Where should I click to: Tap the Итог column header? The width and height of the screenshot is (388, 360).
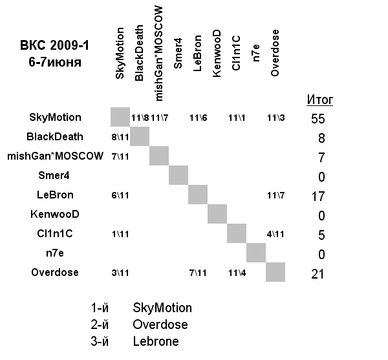pyautogui.click(x=319, y=100)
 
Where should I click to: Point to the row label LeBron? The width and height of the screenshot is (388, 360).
pyautogui.click(x=55, y=195)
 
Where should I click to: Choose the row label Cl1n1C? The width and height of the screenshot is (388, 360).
pyautogui.click(x=55, y=233)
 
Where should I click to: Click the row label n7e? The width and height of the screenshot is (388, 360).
pyautogui.click(x=55, y=253)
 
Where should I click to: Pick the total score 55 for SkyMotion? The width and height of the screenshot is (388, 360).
pyautogui.click(x=318, y=119)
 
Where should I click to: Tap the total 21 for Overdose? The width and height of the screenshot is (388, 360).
pyautogui.click(x=318, y=274)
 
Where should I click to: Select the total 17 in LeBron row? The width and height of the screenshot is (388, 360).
pyautogui.click(x=318, y=196)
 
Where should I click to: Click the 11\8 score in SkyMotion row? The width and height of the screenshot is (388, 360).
pyautogui.click(x=140, y=118)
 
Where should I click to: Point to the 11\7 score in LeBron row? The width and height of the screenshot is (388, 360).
pyautogui.click(x=276, y=195)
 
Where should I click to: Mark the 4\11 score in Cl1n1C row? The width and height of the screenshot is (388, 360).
pyautogui.click(x=276, y=234)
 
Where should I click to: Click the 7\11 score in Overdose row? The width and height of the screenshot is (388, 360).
pyautogui.click(x=198, y=273)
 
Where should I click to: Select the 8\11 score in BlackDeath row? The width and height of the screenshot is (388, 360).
pyautogui.click(x=120, y=137)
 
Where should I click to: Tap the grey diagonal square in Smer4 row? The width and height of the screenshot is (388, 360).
pyautogui.click(x=178, y=175)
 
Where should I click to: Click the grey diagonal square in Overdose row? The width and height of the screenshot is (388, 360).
pyautogui.click(x=275, y=271)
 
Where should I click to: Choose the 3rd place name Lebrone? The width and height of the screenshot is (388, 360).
pyautogui.click(x=156, y=341)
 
